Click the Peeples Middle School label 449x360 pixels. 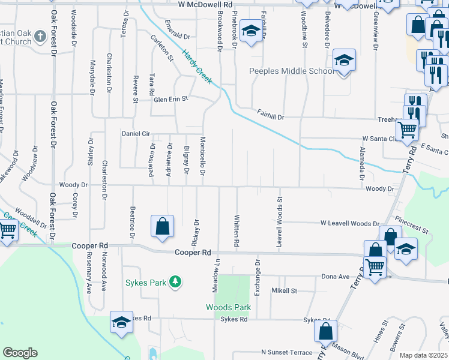click(x=292, y=71)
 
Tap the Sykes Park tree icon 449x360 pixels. click(x=175, y=281)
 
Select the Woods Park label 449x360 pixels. click(x=228, y=307)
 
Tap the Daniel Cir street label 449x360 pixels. click(x=135, y=133)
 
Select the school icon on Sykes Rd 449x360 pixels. click(x=121, y=322)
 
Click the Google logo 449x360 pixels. click(x=20, y=353)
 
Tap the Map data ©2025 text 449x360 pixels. click(x=423, y=355)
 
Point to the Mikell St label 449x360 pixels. click(x=284, y=291)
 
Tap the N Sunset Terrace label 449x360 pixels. click(x=286, y=352)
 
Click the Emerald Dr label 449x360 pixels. click(x=175, y=36)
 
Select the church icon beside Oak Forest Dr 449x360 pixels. click(x=40, y=36)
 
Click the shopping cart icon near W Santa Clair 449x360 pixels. click(x=408, y=128)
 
